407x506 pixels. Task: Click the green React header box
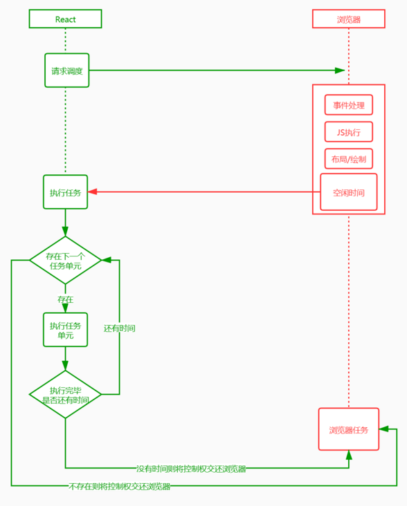click(x=65, y=19)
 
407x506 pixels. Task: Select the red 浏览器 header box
click(x=349, y=19)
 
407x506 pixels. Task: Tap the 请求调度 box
click(x=67, y=71)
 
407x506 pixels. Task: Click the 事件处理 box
click(x=349, y=105)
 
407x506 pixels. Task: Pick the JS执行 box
click(x=349, y=131)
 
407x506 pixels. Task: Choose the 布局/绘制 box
click(x=349, y=159)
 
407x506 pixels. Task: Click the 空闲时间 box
click(x=349, y=192)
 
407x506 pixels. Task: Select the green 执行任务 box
click(x=65, y=192)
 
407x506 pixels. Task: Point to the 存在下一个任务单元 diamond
click(x=65, y=261)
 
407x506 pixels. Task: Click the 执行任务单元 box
click(x=65, y=330)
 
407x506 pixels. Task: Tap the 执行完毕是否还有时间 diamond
click(x=65, y=394)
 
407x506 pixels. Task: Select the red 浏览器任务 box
click(x=349, y=429)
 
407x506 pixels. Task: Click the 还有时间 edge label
click(x=119, y=328)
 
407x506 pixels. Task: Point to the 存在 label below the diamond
click(x=65, y=299)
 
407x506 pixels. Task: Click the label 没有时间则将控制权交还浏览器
click(x=191, y=469)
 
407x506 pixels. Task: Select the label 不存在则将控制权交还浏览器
click(x=120, y=487)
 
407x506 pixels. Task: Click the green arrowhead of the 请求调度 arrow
click(x=340, y=71)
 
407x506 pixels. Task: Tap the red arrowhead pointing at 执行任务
click(x=93, y=191)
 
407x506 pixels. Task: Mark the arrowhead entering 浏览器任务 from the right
click(x=383, y=429)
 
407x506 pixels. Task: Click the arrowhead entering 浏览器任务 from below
click(x=349, y=455)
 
